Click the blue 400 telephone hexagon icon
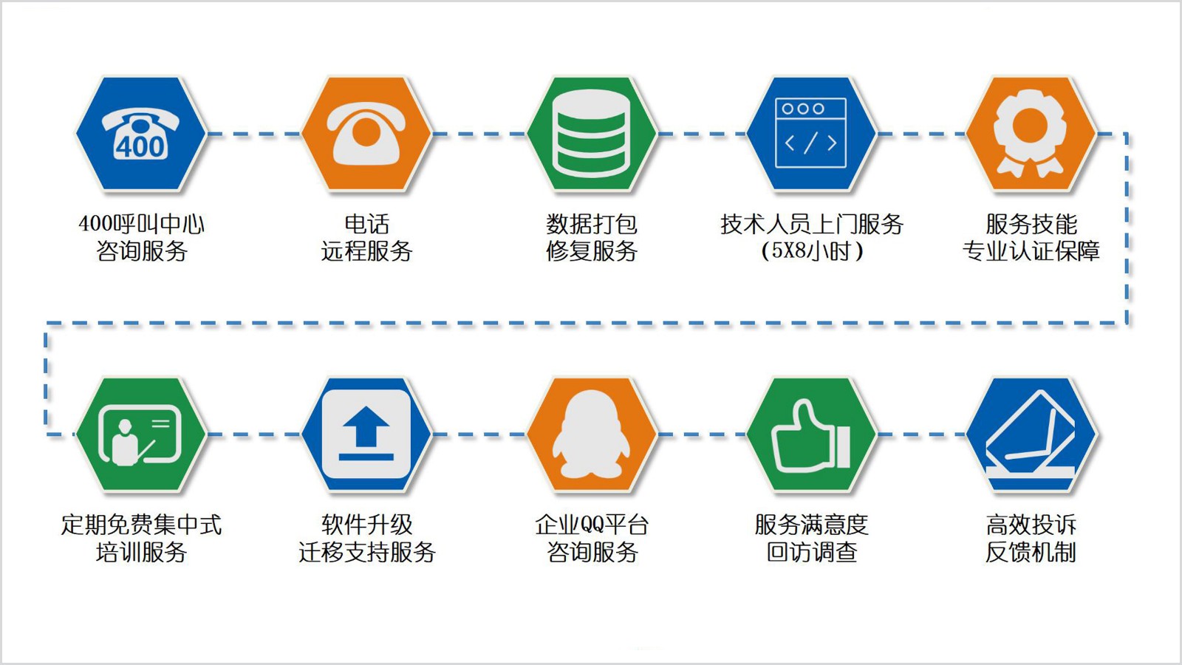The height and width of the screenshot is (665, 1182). (141, 134)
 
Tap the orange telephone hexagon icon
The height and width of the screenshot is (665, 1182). (366, 134)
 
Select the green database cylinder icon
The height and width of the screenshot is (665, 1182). (592, 134)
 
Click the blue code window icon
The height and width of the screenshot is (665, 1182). (811, 133)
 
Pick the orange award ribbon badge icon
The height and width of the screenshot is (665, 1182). (1030, 133)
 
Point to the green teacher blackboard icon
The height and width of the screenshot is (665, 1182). (140, 435)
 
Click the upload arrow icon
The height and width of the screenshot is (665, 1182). (366, 434)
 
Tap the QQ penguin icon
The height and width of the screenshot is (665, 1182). (591, 434)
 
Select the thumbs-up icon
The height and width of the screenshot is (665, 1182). (811, 435)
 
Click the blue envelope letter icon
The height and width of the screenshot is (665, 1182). (1031, 434)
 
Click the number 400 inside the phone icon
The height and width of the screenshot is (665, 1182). (141, 146)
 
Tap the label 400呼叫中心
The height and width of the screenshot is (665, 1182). (141, 224)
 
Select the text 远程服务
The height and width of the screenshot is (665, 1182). (366, 250)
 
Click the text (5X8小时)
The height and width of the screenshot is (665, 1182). (812, 250)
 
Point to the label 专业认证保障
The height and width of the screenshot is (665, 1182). (1031, 250)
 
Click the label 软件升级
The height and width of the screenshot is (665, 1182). (366, 525)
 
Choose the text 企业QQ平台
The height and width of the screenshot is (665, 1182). (592, 525)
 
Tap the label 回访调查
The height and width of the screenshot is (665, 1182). (812, 552)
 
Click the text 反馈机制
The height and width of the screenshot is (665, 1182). (1031, 552)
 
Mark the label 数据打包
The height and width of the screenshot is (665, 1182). (592, 224)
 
